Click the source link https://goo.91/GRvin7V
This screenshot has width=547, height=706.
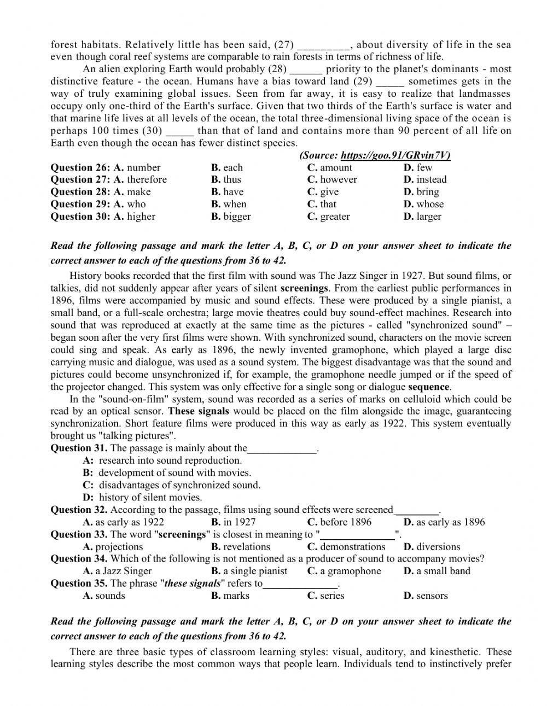click(395, 155)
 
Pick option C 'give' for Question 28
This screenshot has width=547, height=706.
click(323, 192)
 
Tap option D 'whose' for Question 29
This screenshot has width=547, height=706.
click(424, 204)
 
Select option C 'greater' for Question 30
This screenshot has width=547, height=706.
click(328, 217)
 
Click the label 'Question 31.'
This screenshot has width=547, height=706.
click(79, 448)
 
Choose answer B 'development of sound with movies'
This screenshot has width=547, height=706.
click(174, 472)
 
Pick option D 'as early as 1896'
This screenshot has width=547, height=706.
click(444, 522)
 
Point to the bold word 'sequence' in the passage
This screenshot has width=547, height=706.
click(429, 387)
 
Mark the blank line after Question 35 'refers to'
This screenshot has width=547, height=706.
click(300, 584)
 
